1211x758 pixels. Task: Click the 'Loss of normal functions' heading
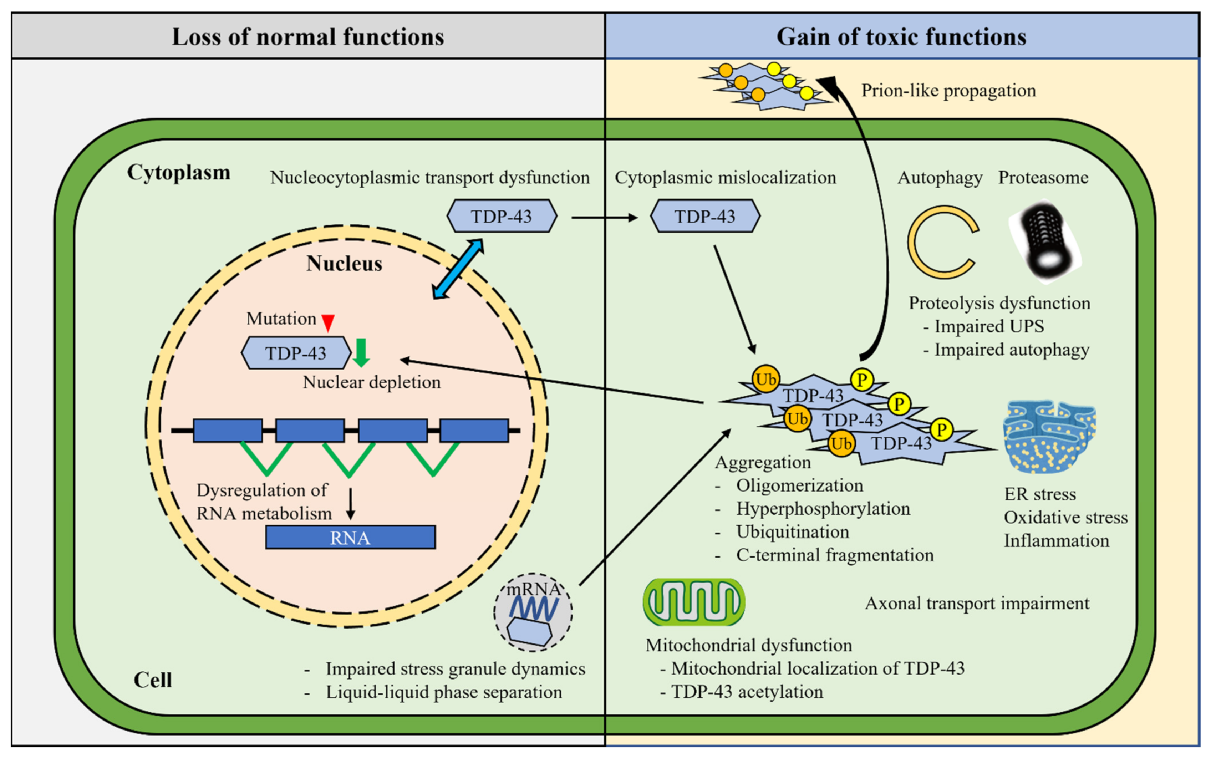pos(308,37)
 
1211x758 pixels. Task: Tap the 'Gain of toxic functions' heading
pos(901,37)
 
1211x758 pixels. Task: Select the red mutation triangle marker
pos(328,322)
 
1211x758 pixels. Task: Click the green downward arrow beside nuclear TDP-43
pos(361,352)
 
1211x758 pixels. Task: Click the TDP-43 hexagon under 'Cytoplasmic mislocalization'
pos(705,216)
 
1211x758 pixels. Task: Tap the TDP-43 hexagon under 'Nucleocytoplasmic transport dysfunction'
pos(501,216)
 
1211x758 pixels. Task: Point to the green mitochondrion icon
pos(694,602)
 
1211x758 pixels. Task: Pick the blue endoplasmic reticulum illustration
pos(1049,436)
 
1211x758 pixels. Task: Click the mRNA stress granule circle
pos(533,612)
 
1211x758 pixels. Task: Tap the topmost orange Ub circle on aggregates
pos(765,380)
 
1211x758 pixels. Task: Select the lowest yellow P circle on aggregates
pos(941,429)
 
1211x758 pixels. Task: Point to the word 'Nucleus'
pos(344,264)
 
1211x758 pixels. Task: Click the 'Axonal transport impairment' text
pos(977,603)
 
